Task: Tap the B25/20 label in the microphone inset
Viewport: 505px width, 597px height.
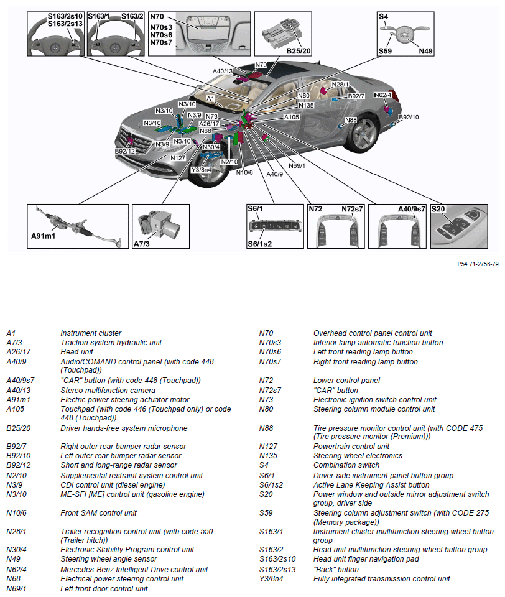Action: point(299,50)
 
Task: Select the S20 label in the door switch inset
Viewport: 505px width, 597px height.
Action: point(438,210)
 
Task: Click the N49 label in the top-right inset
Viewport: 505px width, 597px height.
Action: point(425,51)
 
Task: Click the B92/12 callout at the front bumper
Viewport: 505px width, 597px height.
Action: point(124,151)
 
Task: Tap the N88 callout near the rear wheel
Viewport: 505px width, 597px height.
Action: point(351,120)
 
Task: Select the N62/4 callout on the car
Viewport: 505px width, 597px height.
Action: point(382,95)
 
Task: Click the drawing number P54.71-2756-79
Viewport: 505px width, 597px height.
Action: point(478,264)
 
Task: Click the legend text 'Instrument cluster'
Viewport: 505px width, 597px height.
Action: point(91,333)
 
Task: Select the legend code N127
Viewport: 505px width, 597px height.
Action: point(267,446)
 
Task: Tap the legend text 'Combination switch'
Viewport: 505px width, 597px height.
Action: point(346,465)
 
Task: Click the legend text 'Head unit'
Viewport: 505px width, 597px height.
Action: point(77,352)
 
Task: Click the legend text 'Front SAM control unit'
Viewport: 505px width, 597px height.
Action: point(99,513)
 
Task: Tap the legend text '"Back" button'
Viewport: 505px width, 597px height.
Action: point(336,569)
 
